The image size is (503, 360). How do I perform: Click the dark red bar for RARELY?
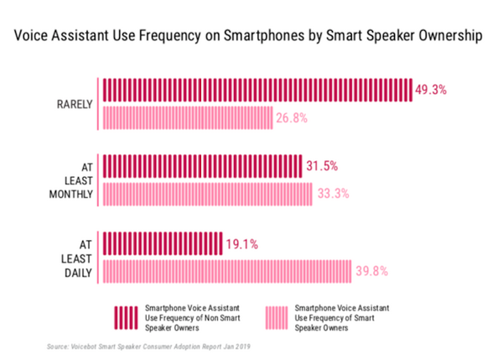257,90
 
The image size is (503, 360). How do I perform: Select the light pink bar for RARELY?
188,117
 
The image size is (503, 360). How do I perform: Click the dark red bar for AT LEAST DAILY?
162,243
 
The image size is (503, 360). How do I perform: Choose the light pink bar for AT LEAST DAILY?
226,271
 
